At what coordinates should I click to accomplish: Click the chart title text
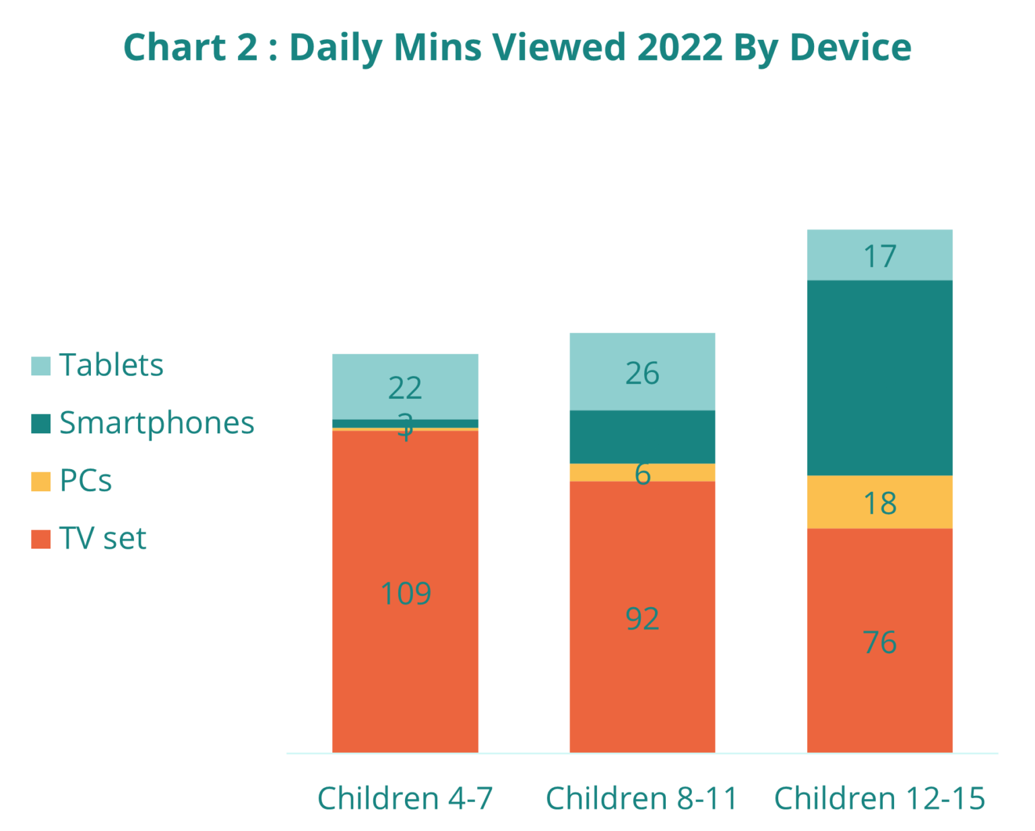(517, 48)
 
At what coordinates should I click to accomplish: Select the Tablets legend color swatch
(41, 366)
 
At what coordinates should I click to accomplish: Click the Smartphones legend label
(156, 423)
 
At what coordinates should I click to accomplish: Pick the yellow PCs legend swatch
(41, 481)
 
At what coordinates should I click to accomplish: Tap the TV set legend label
(102, 538)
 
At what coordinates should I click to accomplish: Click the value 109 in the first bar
(406, 594)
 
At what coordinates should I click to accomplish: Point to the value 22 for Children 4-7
(405, 388)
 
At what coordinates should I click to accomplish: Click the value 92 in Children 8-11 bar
(642, 619)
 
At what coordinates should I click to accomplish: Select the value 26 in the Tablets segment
(642, 373)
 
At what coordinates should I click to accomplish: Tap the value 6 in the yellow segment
(643, 474)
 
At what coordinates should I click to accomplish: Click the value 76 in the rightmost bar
(879, 642)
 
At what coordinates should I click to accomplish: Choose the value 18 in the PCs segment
(879, 503)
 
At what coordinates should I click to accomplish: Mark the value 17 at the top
(879, 256)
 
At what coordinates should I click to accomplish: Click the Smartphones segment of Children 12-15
(879, 377)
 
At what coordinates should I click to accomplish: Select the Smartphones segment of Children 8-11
(642, 437)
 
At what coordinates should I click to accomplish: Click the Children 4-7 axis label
(405, 799)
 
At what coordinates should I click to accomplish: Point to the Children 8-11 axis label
(641, 799)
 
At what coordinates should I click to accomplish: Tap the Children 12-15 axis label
(879, 799)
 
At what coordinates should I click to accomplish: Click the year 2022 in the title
(679, 48)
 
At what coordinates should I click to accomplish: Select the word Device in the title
(850, 48)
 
